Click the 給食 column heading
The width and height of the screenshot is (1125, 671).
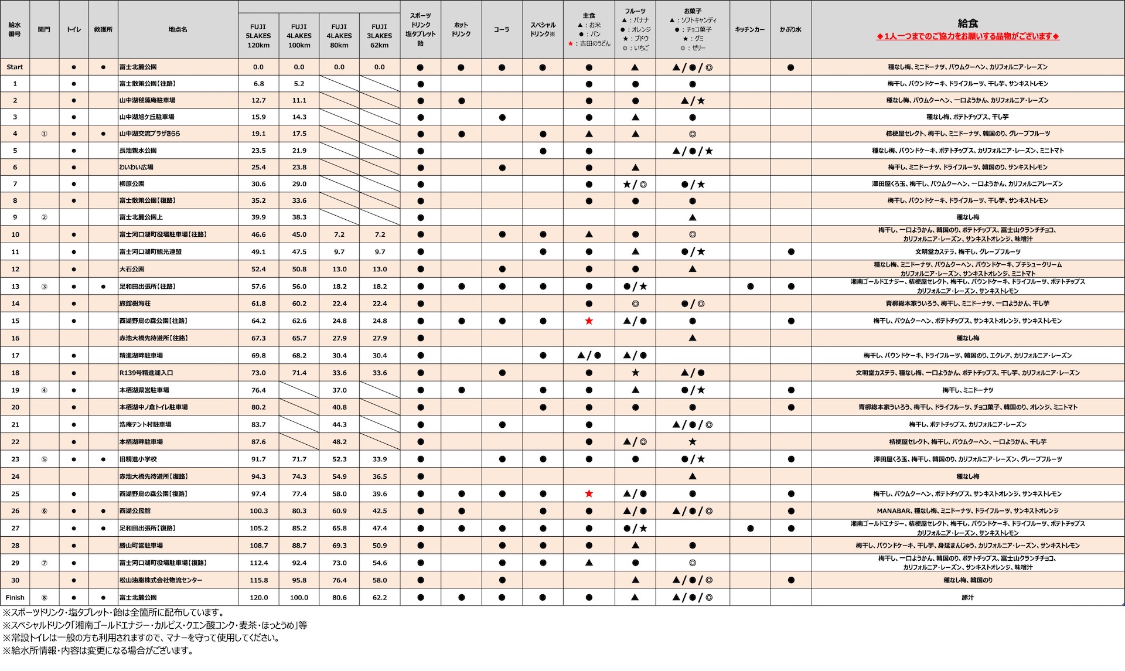(x=967, y=23)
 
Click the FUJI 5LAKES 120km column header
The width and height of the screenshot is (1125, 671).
(x=258, y=36)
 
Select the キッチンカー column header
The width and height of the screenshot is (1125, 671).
(x=749, y=29)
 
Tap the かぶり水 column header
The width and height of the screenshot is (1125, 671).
(x=790, y=29)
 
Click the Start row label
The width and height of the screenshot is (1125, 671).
(x=15, y=67)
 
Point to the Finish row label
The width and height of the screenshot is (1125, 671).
(x=15, y=598)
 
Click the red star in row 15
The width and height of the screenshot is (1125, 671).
(x=589, y=321)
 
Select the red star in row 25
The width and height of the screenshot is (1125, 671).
(x=589, y=494)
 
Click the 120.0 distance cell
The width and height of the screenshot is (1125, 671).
(x=258, y=598)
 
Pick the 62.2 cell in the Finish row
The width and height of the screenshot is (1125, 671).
(x=380, y=598)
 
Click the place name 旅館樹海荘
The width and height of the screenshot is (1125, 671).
(x=135, y=304)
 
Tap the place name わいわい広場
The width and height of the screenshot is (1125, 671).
(x=136, y=167)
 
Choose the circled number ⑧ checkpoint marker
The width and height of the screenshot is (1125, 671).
(x=44, y=598)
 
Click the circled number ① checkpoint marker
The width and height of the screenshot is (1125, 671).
(x=44, y=134)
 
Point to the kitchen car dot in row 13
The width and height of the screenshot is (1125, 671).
(x=750, y=287)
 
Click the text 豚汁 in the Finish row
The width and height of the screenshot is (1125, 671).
(x=967, y=598)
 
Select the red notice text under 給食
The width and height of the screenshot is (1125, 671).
(x=967, y=36)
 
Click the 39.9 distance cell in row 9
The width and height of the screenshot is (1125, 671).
(x=258, y=217)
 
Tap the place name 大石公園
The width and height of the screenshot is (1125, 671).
(x=132, y=269)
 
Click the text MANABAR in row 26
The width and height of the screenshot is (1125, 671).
(x=894, y=511)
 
